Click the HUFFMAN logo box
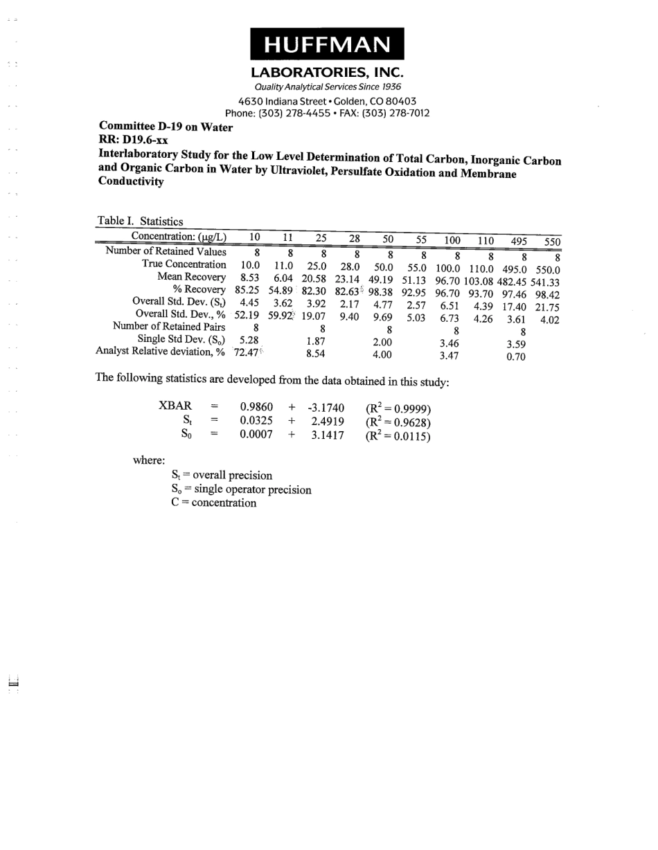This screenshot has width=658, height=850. point(327,44)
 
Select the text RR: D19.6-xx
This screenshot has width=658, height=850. point(134,140)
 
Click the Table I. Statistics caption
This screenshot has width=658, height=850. point(140,221)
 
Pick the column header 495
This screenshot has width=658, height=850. point(519,242)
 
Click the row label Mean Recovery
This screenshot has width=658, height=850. point(192,277)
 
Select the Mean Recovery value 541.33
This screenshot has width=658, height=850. point(544,282)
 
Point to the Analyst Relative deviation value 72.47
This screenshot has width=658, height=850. point(247,353)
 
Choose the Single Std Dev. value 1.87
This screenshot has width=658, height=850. point(316,341)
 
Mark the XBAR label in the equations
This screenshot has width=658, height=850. point(175,406)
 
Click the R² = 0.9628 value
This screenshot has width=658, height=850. point(398,422)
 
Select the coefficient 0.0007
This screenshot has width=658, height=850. point(256,435)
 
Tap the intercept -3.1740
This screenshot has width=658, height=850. point(326,407)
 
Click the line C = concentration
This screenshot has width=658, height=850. point(213,503)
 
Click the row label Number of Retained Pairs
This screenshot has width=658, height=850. point(169,327)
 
